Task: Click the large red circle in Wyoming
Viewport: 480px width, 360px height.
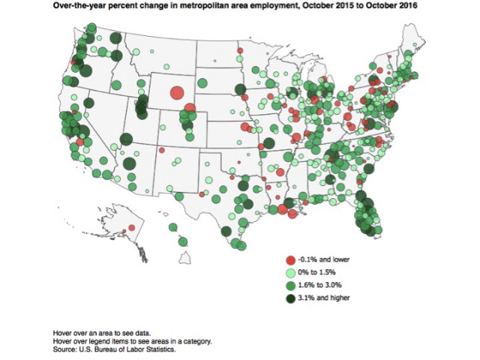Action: (x=177, y=92)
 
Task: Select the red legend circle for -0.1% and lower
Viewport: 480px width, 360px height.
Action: (x=290, y=260)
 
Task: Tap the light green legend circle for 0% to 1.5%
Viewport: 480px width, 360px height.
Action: (x=290, y=272)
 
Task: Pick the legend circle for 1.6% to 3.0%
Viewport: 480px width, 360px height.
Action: (x=290, y=285)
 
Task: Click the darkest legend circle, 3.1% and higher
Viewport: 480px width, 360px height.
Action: (x=290, y=298)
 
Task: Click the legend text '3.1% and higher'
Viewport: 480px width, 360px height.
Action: (x=324, y=298)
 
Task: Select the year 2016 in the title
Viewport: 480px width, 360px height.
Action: (x=409, y=6)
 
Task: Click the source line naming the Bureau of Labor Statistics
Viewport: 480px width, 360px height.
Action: (x=114, y=349)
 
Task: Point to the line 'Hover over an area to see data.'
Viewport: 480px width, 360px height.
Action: (x=102, y=333)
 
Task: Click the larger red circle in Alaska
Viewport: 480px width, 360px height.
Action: (x=132, y=228)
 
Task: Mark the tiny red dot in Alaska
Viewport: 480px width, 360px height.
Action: (x=124, y=231)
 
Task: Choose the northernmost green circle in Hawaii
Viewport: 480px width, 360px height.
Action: (x=173, y=227)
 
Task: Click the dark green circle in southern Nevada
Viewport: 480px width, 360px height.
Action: (x=129, y=163)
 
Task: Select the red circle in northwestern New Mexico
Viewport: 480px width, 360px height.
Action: (x=162, y=150)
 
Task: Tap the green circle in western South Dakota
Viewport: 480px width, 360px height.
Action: (x=202, y=82)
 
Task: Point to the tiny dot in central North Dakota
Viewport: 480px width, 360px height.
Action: (x=215, y=61)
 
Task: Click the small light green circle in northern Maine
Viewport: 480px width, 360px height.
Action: (x=415, y=45)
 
